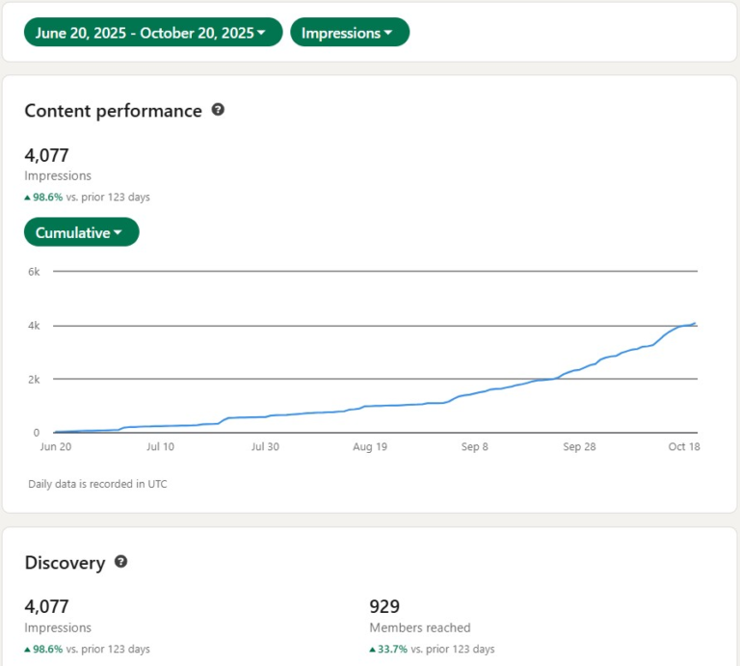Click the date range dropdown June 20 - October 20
point(152,33)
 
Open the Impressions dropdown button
point(349,33)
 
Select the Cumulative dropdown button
point(81,232)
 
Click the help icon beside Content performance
point(218,110)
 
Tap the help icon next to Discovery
point(120,561)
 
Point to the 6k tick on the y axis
point(34,272)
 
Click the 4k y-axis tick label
point(34,326)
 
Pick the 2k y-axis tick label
point(34,379)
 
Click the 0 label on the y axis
point(36,433)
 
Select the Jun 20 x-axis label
point(55,447)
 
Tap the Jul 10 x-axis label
point(160,447)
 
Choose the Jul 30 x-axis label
point(265,447)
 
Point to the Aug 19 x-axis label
point(370,447)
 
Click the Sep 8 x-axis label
point(475,447)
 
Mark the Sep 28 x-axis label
point(580,447)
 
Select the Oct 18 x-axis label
point(683,447)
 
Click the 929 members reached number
point(384,606)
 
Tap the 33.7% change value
point(389,649)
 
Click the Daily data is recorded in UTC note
point(97,484)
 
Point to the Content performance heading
point(113,111)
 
